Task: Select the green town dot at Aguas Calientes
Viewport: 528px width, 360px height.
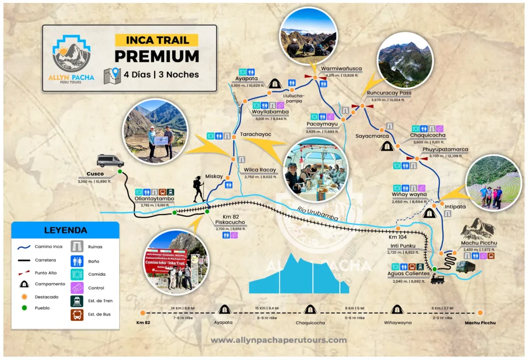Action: click(435, 269)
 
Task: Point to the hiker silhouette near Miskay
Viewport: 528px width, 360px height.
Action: click(199, 189)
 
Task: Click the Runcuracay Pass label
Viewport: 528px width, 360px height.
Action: click(389, 93)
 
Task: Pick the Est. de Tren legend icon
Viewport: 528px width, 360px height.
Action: click(77, 301)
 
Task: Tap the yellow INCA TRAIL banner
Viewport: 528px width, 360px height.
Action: click(156, 40)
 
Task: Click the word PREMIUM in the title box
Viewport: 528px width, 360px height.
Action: click(157, 56)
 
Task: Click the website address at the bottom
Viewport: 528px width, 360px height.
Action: click(278, 340)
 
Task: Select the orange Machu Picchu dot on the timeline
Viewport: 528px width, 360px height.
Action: click(480, 312)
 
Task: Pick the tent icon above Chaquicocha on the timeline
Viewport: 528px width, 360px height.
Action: click(309, 309)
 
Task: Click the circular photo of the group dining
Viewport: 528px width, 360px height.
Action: click(316, 170)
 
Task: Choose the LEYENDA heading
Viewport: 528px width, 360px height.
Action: click(65, 230)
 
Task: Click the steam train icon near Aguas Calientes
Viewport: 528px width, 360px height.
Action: click(437, 280)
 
